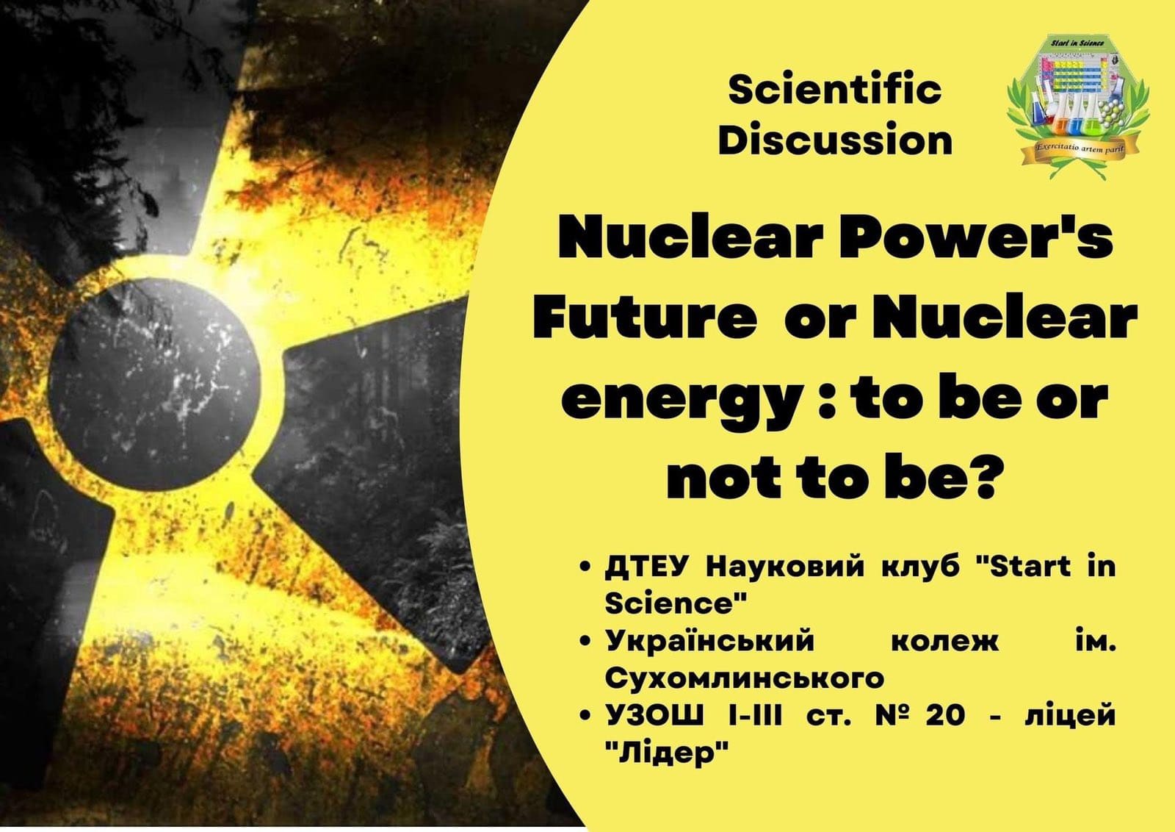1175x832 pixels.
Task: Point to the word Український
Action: pyautogui.click(x=709, y=642)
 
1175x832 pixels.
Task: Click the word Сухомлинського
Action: pyautogui.click(x=745, y=678)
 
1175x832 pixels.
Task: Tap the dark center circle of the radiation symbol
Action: pyautogui.click(x=155, y=385)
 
